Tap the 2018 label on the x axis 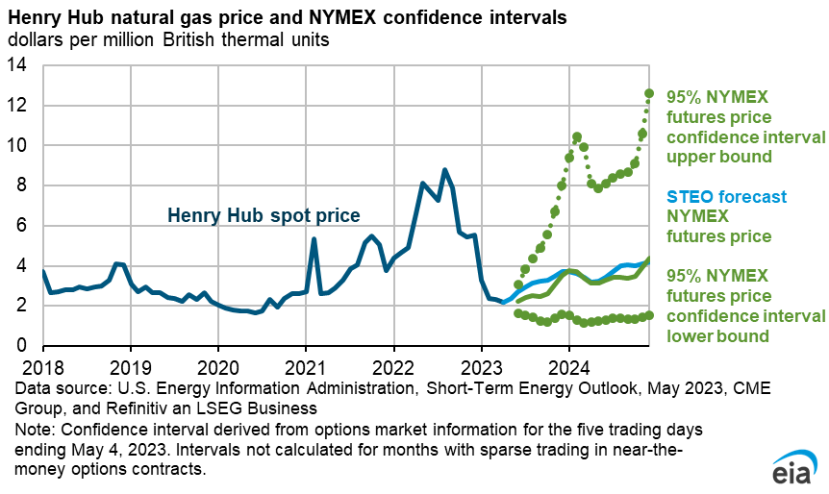(42, 366)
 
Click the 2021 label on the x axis (306, 366)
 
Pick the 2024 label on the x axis (569, 366)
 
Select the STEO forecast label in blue (720, 197)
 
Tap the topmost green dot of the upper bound (649, 93)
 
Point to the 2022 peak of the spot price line (444, 170)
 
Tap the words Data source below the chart (58, 388)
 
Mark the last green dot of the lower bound (649, 315)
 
